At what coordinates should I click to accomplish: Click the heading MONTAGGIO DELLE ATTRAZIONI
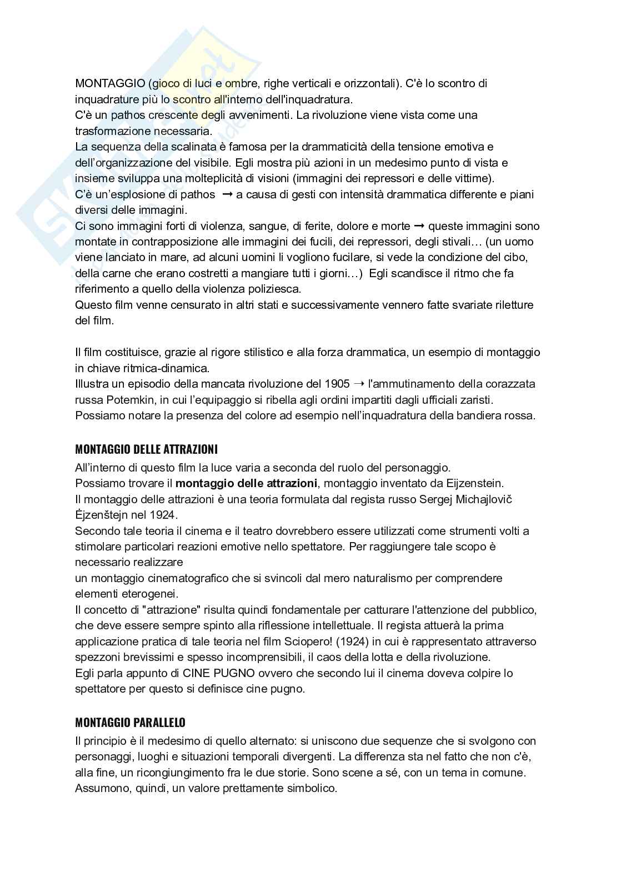[146, 449]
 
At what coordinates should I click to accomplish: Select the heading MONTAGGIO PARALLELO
[130, 723]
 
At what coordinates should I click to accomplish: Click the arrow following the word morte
[419, 226]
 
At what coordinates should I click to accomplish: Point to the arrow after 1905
[359, 384]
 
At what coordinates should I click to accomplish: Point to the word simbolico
[312, 788]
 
